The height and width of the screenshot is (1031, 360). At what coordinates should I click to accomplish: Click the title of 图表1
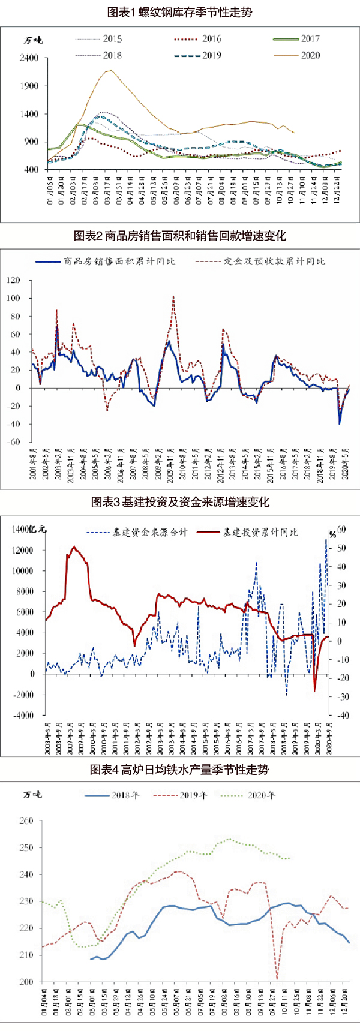coord(179,12)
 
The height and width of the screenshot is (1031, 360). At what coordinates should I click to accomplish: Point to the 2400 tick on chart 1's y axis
coord(29,58)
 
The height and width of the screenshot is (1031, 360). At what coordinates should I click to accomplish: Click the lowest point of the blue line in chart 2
coord(340,424)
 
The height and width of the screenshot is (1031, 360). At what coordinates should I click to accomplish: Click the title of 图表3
coord(179,502)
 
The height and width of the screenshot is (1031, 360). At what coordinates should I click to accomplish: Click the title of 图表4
coord(179,770)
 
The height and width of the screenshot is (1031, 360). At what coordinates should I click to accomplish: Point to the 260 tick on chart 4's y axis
coord(26,821)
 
